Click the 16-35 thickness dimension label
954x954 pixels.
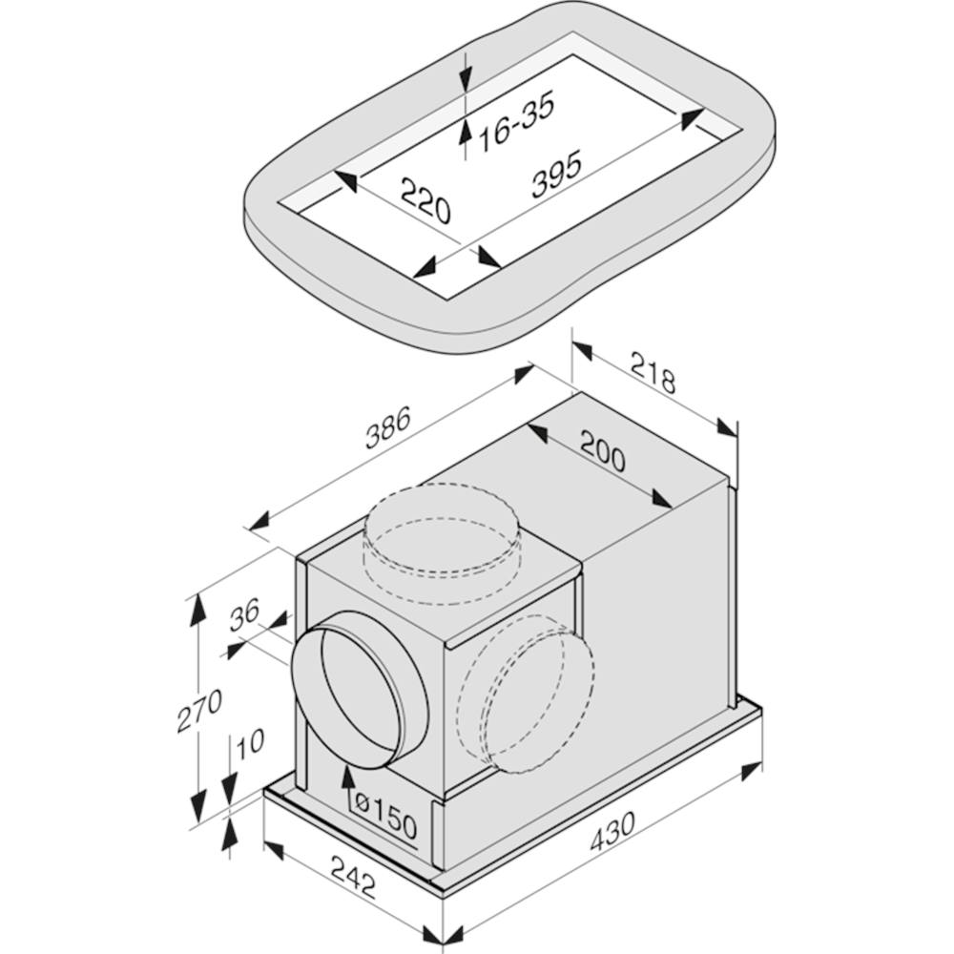click(516, 121)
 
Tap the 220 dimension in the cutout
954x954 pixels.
click(426, 201)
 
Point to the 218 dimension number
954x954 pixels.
click(653, 372)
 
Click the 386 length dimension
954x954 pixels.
click(388, 426)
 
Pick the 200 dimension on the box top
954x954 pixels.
click(602, 451)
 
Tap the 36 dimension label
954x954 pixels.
click(244, 613)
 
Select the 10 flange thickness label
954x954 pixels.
click(249, 743)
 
